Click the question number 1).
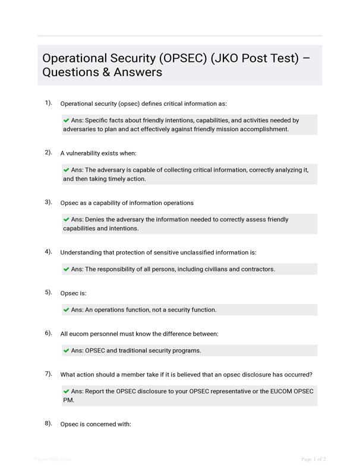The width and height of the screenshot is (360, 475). coord(48,103)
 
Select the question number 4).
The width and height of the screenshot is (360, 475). coord(48,252)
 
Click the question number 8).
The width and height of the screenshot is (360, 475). coord(48,423)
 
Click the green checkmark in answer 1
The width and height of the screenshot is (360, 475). coord(67,120)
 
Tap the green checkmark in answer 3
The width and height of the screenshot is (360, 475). coord(67,219)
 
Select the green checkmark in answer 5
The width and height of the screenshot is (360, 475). coord(67,309)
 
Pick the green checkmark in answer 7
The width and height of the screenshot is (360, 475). coord(67,391)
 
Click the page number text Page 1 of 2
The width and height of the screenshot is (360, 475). coord(314,459)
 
